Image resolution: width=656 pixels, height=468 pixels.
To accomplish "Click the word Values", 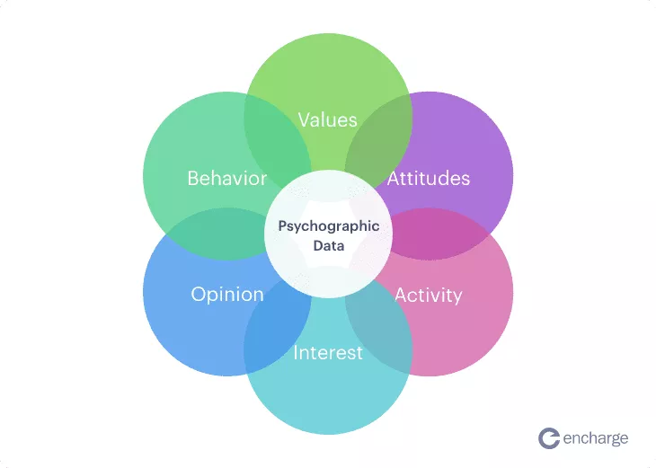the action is coord(328,119).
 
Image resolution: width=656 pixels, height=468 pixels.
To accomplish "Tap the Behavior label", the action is coord(226,178).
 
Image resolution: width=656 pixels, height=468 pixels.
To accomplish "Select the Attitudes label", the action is coord(429,178).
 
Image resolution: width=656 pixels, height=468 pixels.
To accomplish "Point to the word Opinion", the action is coord(227,295).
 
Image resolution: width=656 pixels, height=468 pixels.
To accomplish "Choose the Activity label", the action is coord(429,296).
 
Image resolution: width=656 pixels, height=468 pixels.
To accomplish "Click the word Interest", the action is coord(328,352).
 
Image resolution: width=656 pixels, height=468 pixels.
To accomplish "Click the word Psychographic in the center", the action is coord(329,226).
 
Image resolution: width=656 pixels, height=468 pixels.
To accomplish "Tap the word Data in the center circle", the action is coord(329,245).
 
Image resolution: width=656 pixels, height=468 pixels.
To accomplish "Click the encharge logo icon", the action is coord(549,438).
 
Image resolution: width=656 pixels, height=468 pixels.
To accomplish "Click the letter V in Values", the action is coord(304,119).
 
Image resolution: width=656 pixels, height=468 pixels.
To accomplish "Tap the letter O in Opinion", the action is coord(199,295).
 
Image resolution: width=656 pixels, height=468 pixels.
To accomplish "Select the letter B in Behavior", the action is coord(193,178).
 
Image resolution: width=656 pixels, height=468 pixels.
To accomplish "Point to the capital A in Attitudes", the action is coord(394,178).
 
